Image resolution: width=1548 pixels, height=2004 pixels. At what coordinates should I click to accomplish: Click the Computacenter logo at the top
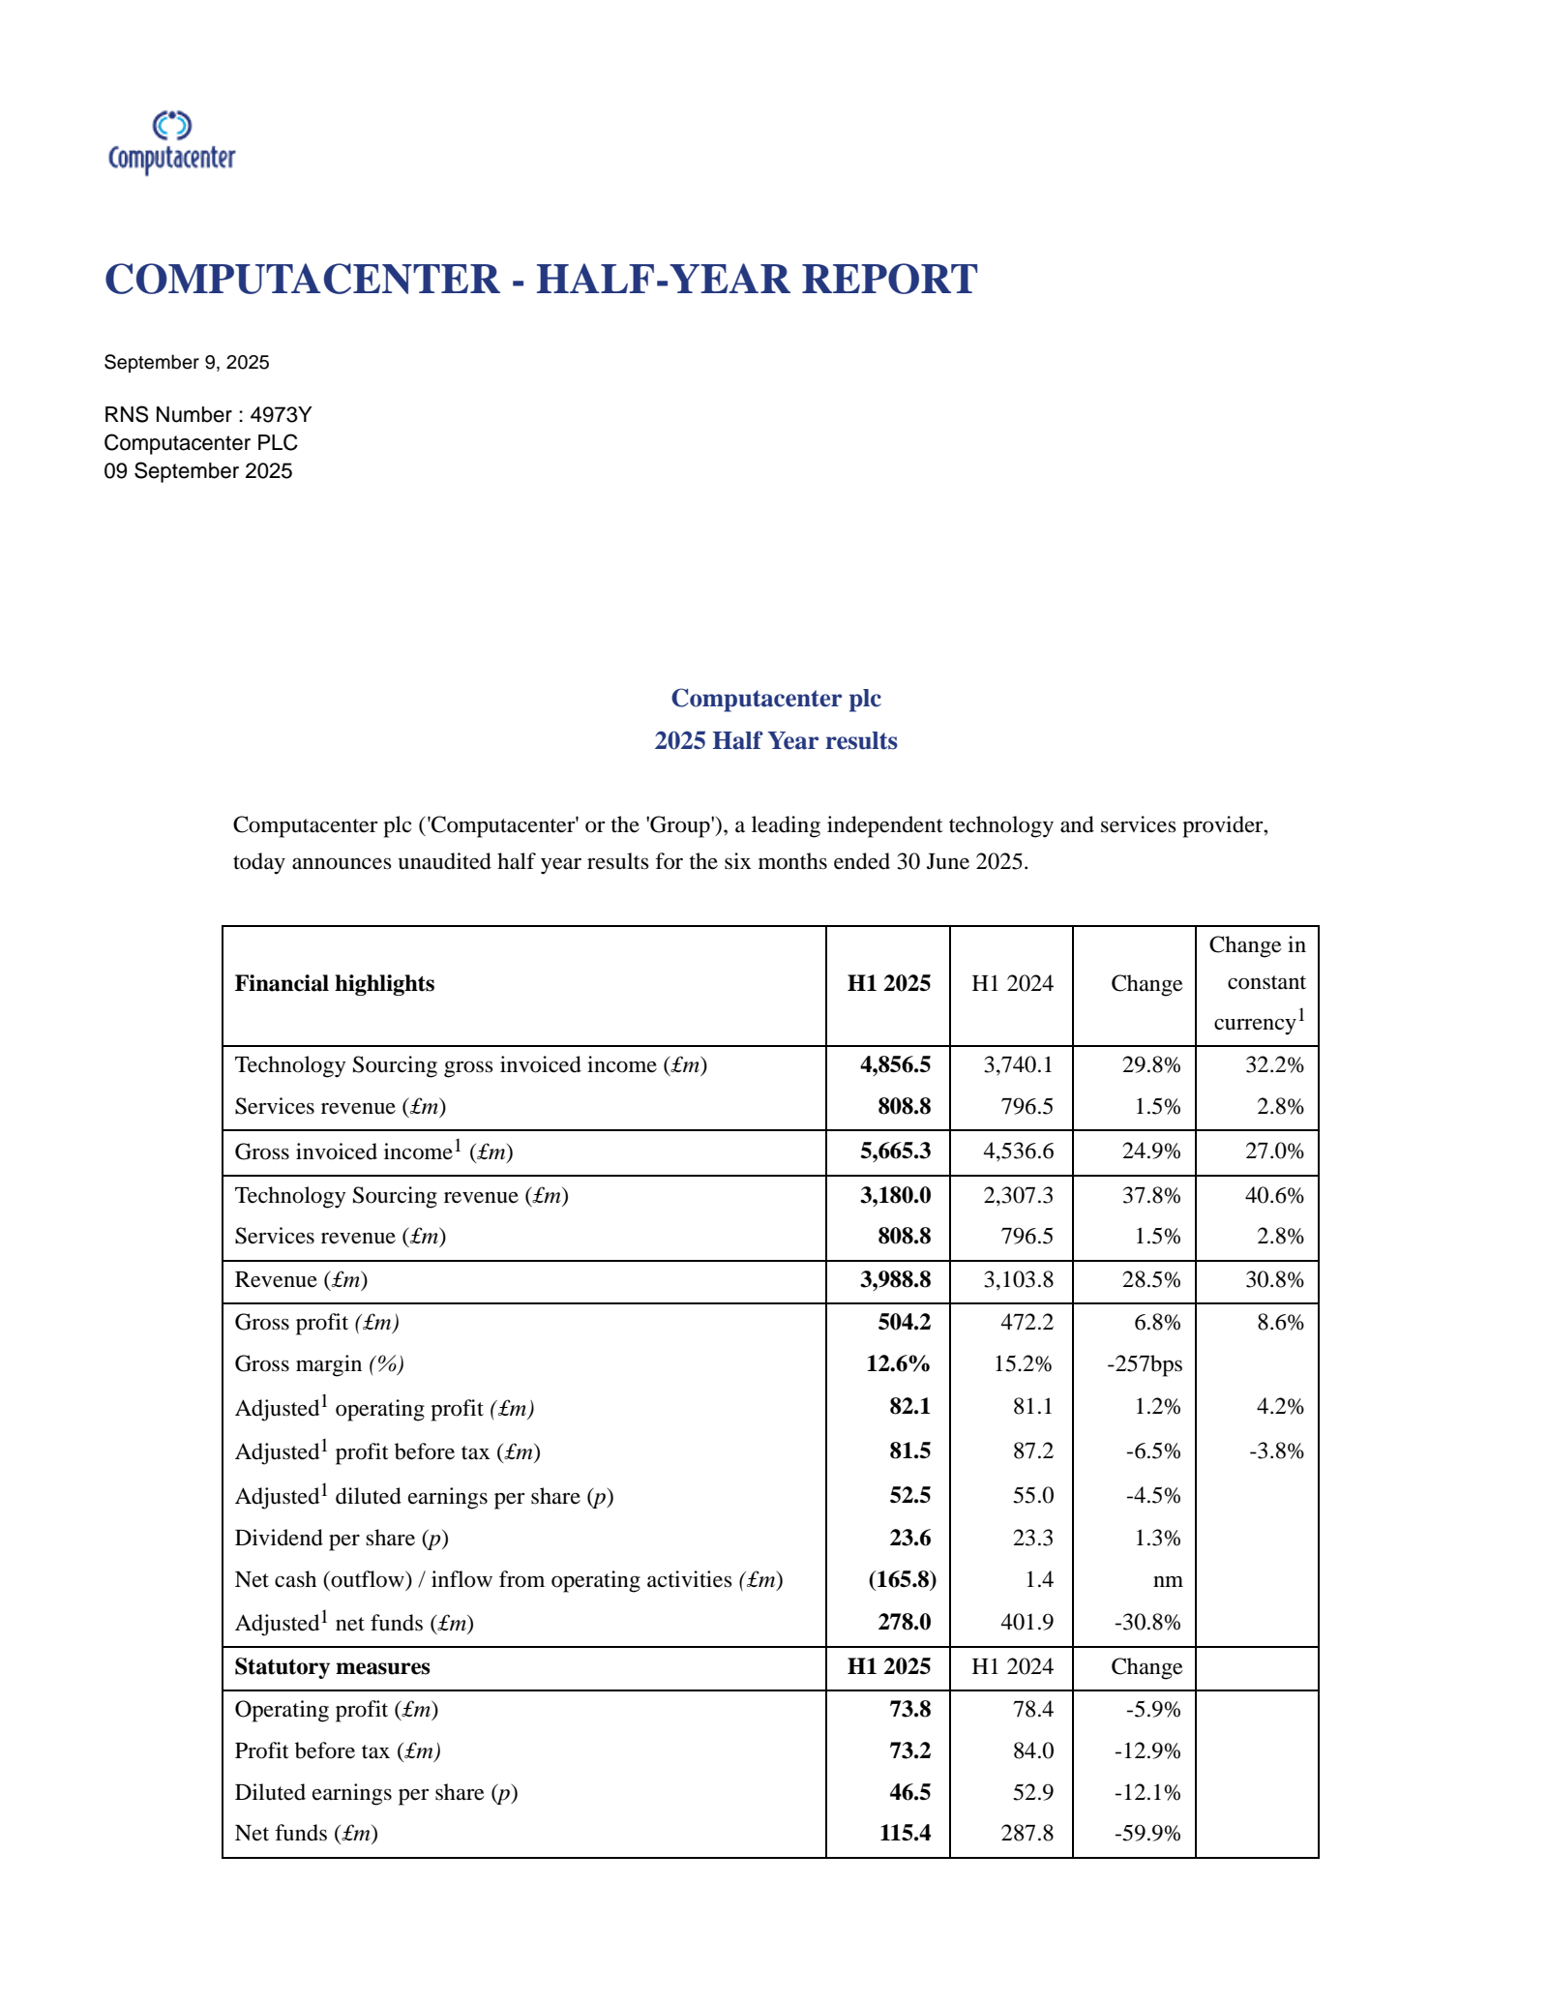[171, 142]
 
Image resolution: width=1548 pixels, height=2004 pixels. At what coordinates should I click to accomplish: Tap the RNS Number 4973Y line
[208, 415]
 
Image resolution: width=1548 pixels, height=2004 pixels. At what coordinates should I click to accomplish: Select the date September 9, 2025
[187, 363]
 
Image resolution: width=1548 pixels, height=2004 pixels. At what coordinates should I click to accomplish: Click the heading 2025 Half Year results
[775, 741]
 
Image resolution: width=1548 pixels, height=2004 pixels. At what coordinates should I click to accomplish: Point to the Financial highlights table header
[335, 984]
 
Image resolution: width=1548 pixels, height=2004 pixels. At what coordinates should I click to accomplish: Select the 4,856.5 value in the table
[895, 1065]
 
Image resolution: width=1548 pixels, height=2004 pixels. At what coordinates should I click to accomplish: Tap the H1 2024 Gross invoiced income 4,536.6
[1018, 1152]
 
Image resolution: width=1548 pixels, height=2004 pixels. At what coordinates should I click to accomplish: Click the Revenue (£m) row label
[301, 1280]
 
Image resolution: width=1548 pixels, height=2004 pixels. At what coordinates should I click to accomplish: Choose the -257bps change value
[1145, 1364]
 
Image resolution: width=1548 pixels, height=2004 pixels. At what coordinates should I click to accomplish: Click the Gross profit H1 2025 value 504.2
[904, 1323]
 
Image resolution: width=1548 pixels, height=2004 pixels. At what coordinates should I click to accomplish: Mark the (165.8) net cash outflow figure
[902, 1580]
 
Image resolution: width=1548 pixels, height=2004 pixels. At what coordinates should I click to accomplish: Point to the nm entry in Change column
[1168, 1580]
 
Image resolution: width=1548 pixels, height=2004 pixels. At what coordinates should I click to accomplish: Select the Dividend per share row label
[342, 1539]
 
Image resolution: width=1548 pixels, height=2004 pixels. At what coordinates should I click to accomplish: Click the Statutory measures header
[332, 1667]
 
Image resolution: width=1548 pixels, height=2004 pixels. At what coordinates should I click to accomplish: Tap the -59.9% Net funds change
[1147, 1834]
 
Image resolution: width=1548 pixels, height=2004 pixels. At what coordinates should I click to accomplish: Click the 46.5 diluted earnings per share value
[909, 1793]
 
